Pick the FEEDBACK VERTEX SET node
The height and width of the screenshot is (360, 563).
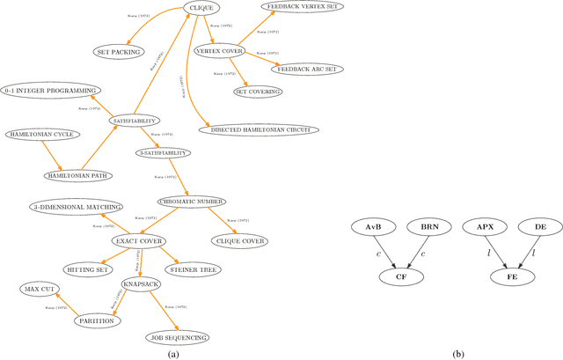click(304, 6)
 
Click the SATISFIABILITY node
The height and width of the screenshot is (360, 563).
click(135, 120)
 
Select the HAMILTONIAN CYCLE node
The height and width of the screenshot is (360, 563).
click(42, 135)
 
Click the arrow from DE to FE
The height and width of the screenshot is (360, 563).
click(522, 252)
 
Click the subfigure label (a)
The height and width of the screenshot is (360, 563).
click(172, 353)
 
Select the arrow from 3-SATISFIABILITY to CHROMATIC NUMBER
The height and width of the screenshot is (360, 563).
click(182, 176)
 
